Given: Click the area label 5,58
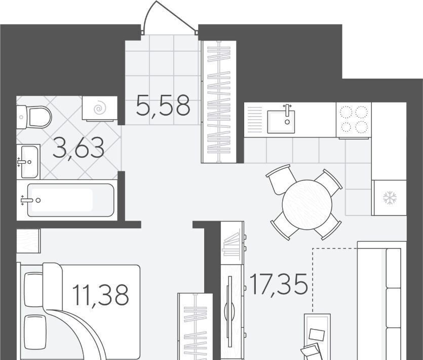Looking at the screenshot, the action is click(x=163, y=105).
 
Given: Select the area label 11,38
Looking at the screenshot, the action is click(x=101, y=295).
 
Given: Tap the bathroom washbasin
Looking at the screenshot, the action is click(x=28, y=162).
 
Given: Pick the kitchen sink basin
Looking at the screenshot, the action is click(x=281, y=122).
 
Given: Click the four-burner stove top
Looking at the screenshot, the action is click(x=354, y=120).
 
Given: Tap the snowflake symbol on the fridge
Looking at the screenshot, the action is click(x=390, y=197).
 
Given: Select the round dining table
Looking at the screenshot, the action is click(x=307, y=204).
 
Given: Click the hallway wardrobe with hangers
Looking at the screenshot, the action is click(x=219, y=102).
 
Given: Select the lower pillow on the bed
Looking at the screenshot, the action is click(x=34, y=333).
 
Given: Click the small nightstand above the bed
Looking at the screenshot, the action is click(x=28, y=241).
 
